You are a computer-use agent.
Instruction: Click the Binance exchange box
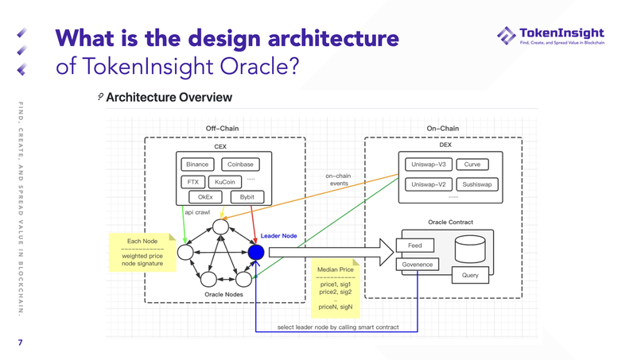[x=197, y=165]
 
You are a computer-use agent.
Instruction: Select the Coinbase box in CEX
[x=240, y=165]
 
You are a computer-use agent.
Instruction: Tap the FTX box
[x=193, y=182]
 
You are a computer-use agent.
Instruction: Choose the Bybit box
[x=247, y=197]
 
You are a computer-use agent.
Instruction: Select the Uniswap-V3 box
[x=429, y=165]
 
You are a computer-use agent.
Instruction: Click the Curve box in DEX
[x=472, y=165]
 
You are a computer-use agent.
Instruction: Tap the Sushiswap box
[x=477, y=184]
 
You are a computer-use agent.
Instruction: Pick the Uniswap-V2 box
[x=429, y=184]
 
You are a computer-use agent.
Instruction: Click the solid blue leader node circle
[x=255, y=252]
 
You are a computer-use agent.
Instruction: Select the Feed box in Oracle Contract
[x=414, y=246]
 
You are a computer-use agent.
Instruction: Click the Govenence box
[x=417, y=264]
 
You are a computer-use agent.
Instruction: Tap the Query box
[x=470, y=276]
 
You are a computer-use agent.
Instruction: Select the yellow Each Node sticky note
[x=143, y=252]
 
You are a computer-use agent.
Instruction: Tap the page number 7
[x=21, y=343]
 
